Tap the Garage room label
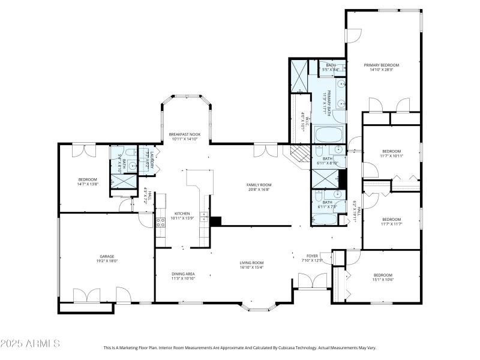(x=107, y=256)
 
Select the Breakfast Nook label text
(x=184, y=134)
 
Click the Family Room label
(x=259, y=184)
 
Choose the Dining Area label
(x=183, y=274)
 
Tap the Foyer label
(x=312, y=256)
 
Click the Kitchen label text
(x=182, y=213)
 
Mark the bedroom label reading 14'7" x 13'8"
(x=87, y=182)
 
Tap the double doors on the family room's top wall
(x=262, y=150)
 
